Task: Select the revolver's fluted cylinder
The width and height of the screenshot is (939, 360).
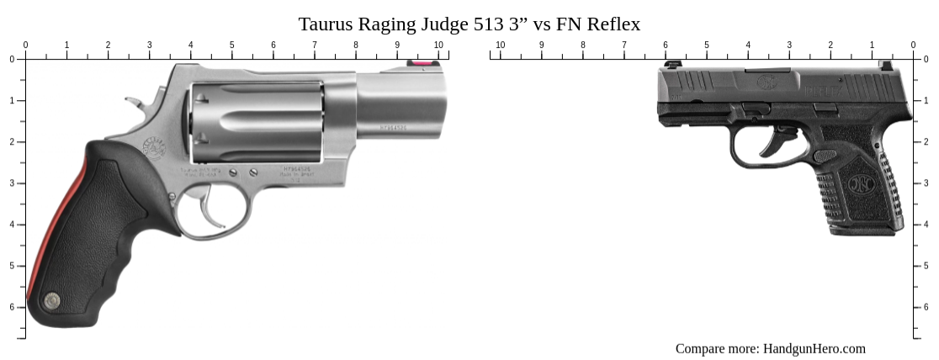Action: (257, 121)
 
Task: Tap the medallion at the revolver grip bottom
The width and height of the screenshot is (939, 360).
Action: (52, 299)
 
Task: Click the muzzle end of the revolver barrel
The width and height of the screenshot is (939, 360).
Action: (441, 104)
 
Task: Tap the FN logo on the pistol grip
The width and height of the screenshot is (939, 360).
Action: (861, 183)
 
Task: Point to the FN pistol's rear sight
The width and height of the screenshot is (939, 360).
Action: (885, 65)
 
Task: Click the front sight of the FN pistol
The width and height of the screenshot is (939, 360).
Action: (672, 64)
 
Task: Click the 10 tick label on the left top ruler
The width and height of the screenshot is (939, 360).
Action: (438, 45)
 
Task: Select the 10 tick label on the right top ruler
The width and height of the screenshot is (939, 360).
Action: (500, 45)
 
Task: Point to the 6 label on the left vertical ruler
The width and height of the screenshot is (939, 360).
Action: (12, 307)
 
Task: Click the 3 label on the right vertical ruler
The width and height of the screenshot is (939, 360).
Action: (926, 183)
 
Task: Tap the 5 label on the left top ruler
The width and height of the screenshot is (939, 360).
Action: (231, 45)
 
